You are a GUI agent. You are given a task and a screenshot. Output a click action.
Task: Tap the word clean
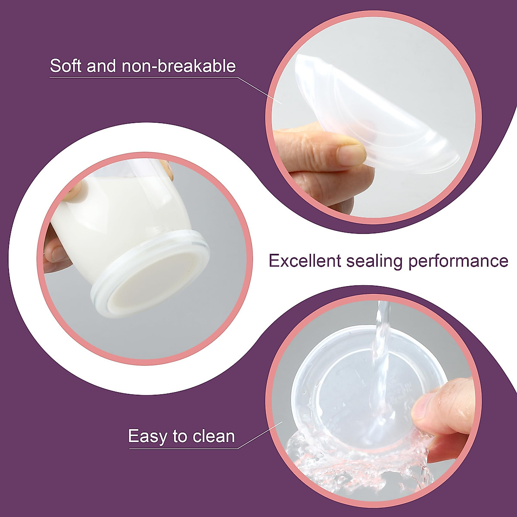click(x=214, y=436)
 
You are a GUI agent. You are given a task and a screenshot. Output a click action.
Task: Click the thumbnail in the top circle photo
click(x=351, y=153)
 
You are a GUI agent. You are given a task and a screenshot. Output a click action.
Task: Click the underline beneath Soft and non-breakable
click(x=142, y=78)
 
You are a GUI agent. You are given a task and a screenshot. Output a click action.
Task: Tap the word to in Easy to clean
click(x=179, y=436)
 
